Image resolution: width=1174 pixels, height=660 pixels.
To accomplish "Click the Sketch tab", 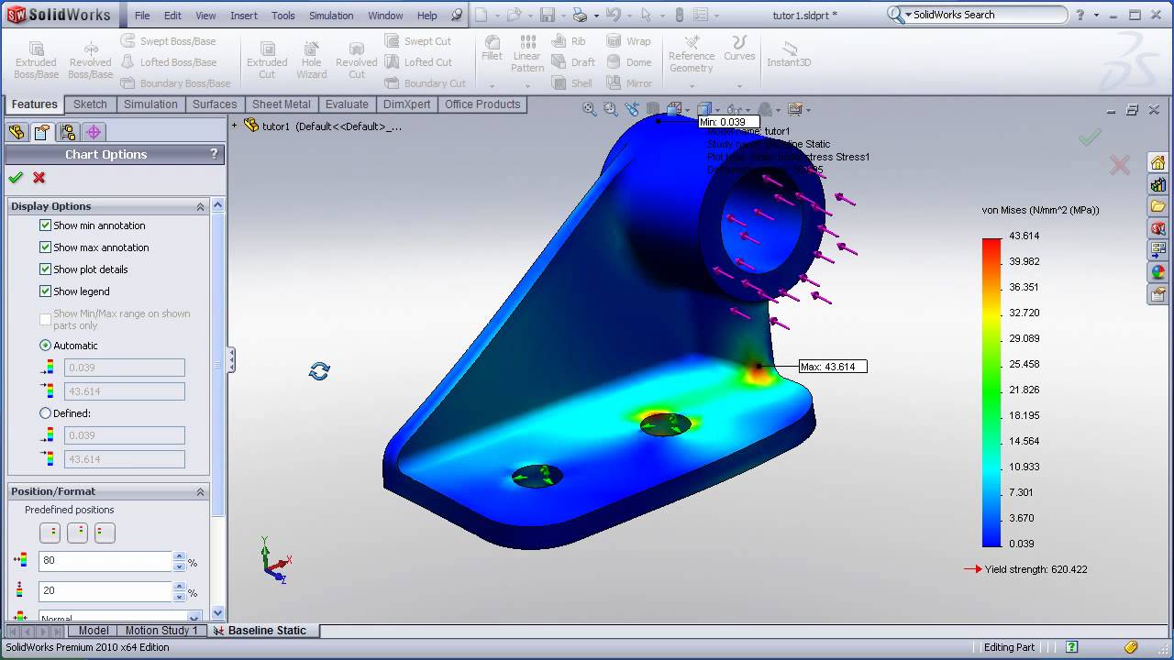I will point(90,104).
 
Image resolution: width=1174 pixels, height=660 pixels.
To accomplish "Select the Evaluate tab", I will point(347,104).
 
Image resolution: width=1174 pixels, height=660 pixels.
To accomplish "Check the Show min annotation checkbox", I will point(46,225).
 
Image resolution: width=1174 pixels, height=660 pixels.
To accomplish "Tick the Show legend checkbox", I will point(46,291).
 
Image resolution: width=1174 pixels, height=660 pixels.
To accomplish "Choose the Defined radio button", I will point(46,413).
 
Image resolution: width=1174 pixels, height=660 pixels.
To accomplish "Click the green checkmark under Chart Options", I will point(16,178).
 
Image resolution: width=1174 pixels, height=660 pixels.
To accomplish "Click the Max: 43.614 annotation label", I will point(833,367).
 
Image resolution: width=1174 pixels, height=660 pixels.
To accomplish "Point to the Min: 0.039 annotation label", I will point(728,122).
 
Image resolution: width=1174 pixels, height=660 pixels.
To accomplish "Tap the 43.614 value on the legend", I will point(1024,236).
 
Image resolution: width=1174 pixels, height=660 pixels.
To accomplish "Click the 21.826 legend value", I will point(1024,390).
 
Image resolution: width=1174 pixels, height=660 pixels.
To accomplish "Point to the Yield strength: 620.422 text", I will point(1036,569).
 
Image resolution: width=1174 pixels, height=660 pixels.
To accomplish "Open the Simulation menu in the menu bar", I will point(331,16).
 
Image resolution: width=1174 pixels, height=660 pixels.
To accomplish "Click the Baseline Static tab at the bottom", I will point(267,631).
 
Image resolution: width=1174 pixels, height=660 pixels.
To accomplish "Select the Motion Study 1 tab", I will point(161,631).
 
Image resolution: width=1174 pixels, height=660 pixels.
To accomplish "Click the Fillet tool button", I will point(493,49).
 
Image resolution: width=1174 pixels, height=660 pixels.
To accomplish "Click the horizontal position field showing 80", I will point(105,561).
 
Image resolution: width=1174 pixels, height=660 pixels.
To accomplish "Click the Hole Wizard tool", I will point(311,60).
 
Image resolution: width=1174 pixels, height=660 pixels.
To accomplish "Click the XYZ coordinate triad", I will point(273,561).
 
